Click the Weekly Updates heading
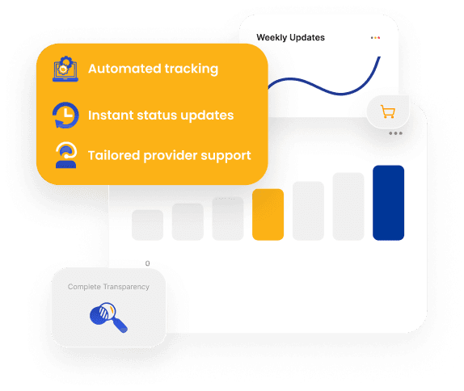[x=290, y=37]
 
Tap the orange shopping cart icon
[x=388, y=111]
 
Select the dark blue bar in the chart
[x=388, y=203]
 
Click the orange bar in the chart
[x=268, y=214]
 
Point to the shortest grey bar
[x=147, y=225]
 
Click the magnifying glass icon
[x=108, y=317]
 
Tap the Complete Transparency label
[x=108, y=287]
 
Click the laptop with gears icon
[x=65, y=69]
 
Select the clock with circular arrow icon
[x=65, y=115]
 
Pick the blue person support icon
[x=66, y=155]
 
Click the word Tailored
[x=114, y=155]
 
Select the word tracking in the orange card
[x=191, y=69]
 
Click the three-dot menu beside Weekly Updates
[x=375, y=37]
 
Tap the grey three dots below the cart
[x=395, y=133]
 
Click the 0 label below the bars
[x=147, y=263]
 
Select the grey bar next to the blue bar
[x=348, y=207]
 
